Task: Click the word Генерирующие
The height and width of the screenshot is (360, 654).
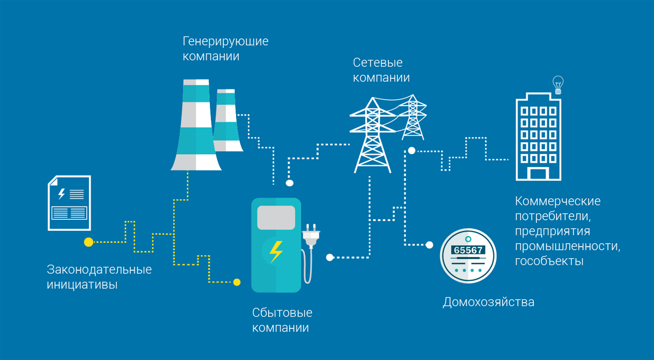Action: pyautogui.click(x=225, y=41)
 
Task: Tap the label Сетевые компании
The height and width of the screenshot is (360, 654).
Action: pyautogui.click(x=381, y=70)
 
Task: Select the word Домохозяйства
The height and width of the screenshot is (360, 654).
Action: pyautogui.click(x=488, y=302)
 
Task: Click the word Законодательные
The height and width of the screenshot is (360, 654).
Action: pyautogui.click(x=99, y=270)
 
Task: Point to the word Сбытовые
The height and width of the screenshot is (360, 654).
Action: pyautogui.click(x=282, y=313)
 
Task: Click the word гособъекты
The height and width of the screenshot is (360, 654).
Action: pyautogui.click(x=549, y=261)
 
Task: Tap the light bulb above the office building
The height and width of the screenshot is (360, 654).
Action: pyautogui.click(x=558, y=84)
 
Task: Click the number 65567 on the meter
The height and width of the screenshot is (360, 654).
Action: pyautogui.click(x=468, y=250)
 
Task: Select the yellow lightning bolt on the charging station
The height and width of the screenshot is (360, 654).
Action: pyautogui.click(x=276, y=251)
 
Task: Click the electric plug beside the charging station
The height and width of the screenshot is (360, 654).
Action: pyautogui.click(x=311, y=235)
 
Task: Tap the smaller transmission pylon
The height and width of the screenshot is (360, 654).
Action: pyautogui.click(x=413, y=117)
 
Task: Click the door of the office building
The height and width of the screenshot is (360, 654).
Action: pyautogui.click(x=538, y=174)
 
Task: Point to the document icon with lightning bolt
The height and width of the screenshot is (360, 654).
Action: pyautogui.click(x=69, y=203)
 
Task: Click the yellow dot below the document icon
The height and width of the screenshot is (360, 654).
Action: pyautogui.click(x=88, y=242)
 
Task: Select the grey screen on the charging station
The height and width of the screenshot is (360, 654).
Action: pyautogui.click(x=276, y=217)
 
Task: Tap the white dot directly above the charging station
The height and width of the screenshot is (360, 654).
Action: pyautogui.click(x=289, y=183)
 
